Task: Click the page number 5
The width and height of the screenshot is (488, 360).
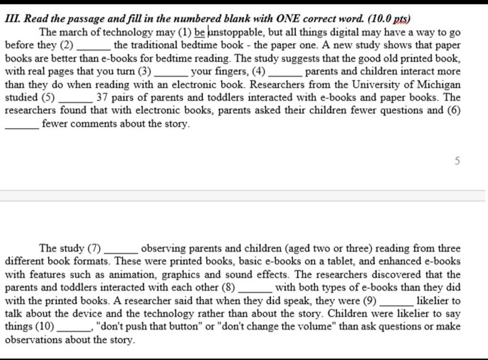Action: [x=457, y=161]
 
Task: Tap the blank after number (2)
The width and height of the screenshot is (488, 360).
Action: [x=94, y=46]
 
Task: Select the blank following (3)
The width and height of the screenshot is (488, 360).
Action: [x=170, y=72]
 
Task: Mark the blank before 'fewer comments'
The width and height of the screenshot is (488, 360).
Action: [x=21, y=125]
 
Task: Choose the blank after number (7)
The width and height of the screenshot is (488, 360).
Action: [x=121, y=249]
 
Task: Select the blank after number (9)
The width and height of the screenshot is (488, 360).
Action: [x=396, y=301]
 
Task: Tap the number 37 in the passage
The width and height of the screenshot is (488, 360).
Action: [x=102, y=98]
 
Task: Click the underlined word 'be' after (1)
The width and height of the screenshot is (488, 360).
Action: [x=200, y=33]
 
